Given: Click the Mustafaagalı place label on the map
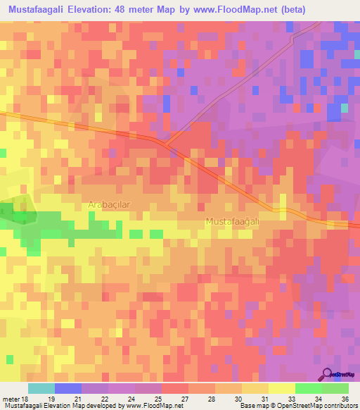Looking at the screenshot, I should point(233,221).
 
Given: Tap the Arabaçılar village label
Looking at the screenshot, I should point(110,204).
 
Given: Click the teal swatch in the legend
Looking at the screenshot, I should point(41,388).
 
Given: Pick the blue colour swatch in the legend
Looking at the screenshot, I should point(68,388).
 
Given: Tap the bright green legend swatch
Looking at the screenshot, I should point(308,388).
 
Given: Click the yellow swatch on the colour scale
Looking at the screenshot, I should point(281,388).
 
